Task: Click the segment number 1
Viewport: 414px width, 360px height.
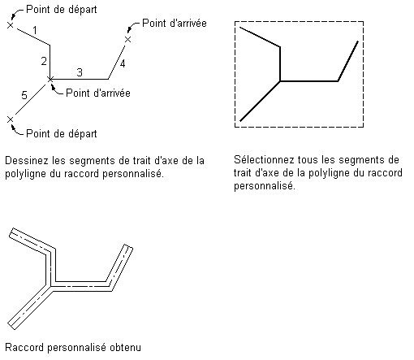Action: tap(35, 30)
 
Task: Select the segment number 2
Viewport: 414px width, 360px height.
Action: tap(44, 62)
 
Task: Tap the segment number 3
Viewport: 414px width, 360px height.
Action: tap(80, 72)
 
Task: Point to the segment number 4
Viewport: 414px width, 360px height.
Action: tap(123, 63)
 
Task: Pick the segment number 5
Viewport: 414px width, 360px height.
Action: tap(24, 95)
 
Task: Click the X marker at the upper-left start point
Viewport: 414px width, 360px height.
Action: tap(10, 25)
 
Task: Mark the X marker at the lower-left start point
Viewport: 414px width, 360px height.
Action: tap(10, 119)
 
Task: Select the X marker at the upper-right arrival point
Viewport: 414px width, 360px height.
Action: tap(128, 40)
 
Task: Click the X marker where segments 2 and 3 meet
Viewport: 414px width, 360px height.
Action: tap(50, 80)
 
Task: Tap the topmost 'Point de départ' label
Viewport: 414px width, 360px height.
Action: tap(62, 10)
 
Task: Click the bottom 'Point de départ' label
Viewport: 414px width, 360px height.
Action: tap(62, 133)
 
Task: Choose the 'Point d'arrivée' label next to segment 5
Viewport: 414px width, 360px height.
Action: tap(98, 93)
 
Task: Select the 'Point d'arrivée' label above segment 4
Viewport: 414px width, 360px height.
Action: tap(175, 23)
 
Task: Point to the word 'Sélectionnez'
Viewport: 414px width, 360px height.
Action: tap(264, 159)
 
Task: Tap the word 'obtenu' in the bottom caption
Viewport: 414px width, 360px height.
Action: tap(125, 347)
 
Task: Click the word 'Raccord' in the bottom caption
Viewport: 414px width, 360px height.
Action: tap(24, 347)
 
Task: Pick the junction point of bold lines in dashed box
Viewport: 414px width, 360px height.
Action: tap(280, 81)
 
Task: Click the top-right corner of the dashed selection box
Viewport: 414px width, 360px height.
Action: tap(363, 21)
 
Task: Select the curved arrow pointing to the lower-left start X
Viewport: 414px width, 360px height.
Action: tap(15, 131)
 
